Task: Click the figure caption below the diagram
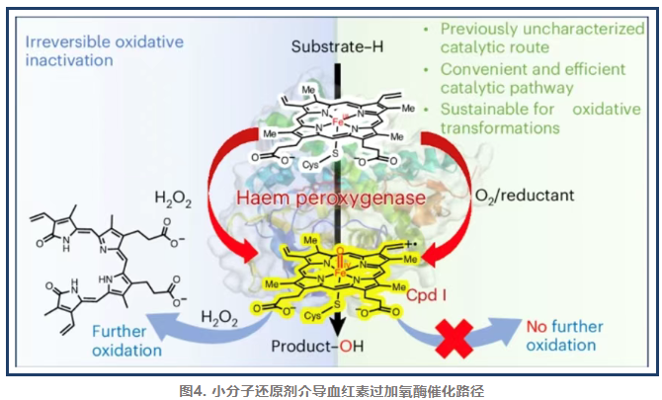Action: (330, 388)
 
